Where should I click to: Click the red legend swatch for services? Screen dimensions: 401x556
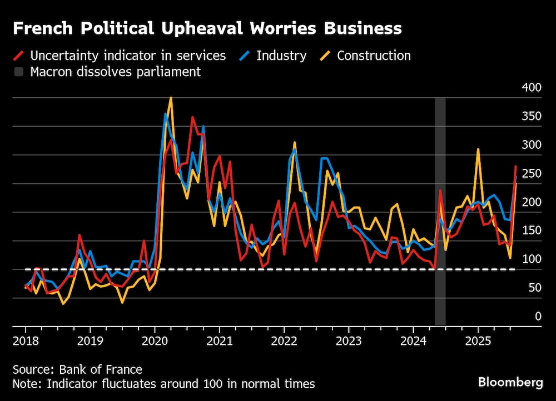click(19, 56)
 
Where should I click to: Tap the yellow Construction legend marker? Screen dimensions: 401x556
click(326, 56)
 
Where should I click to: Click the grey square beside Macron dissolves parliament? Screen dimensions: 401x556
click(19, 72)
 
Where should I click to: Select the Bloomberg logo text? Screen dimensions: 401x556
click(510, 382)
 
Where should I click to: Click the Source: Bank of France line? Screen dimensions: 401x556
click(78, 369)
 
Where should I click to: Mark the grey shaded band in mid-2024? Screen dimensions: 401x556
click(440, 211)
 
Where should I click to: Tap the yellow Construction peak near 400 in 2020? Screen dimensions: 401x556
click(170, 98)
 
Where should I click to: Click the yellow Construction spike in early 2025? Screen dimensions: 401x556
click(478, 149)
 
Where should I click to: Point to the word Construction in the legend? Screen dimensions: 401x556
click(374, 56)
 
